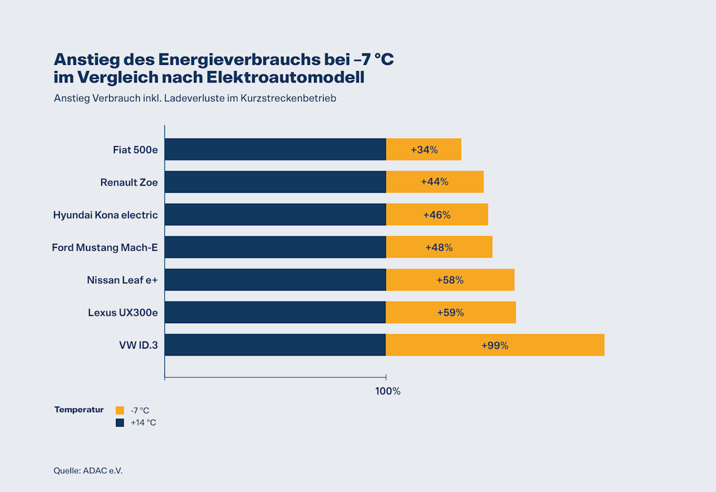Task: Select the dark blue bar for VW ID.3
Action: (275, 345)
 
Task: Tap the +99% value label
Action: (495, 345)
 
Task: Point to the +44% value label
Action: (434, 182)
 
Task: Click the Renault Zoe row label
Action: (129, 183)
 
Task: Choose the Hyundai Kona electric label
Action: (105, 215)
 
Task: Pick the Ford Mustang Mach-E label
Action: (105, 247)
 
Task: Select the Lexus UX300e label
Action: (123, 312)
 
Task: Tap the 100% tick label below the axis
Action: (388, 391)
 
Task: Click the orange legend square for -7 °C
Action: (119, 410)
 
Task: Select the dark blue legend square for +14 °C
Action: (119, 423)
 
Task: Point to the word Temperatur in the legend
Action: (79, 410)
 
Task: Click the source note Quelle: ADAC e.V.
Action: (88, 471)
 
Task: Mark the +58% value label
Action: (450, 280)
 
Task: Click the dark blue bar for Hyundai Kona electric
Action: (275, 215)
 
